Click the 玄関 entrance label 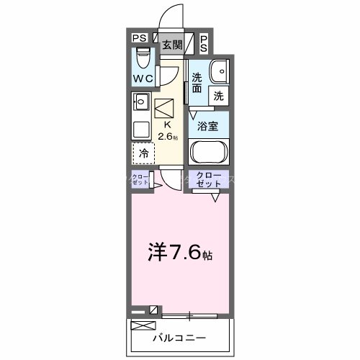171,44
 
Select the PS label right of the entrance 204,42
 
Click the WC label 143,78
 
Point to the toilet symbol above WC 142,55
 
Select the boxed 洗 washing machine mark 217,94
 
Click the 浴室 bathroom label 209,124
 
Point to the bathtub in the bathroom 209,154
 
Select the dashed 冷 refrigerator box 144,153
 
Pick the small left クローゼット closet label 140,180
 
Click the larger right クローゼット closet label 209,180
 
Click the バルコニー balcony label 180,337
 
